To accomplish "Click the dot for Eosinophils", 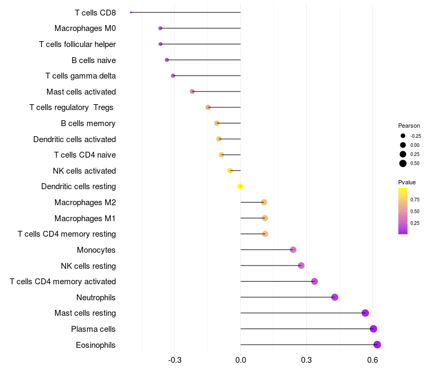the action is tap(377, 345).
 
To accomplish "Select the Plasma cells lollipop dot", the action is tap(373, 329).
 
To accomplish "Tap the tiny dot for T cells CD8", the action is tap(131, 12).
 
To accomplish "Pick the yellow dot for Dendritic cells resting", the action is tap(240, 186).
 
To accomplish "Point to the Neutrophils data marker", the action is tap(335, 297).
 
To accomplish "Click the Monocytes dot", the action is tap(293, 250).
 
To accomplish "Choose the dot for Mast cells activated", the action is tap(192, 91).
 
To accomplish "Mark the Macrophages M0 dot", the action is tap(161, 28).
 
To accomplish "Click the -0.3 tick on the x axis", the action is tap(175, 360).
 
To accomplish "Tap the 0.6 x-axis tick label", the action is tap(373, 360).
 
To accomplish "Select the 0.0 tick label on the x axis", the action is tap(241, 360).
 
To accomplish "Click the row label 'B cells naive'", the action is tap(94, 60).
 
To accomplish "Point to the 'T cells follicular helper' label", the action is tap(77, 44).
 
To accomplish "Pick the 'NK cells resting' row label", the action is tap(89, 266).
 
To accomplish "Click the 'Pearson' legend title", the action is tap(409, 126).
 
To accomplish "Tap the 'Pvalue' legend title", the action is tap(407, 182).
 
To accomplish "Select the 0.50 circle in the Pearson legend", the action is tap(403, 163).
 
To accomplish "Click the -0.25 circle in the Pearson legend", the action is tap(403, 136).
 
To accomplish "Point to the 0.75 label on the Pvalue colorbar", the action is tap(415, 199).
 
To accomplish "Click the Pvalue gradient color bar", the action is tap(403, 211).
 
